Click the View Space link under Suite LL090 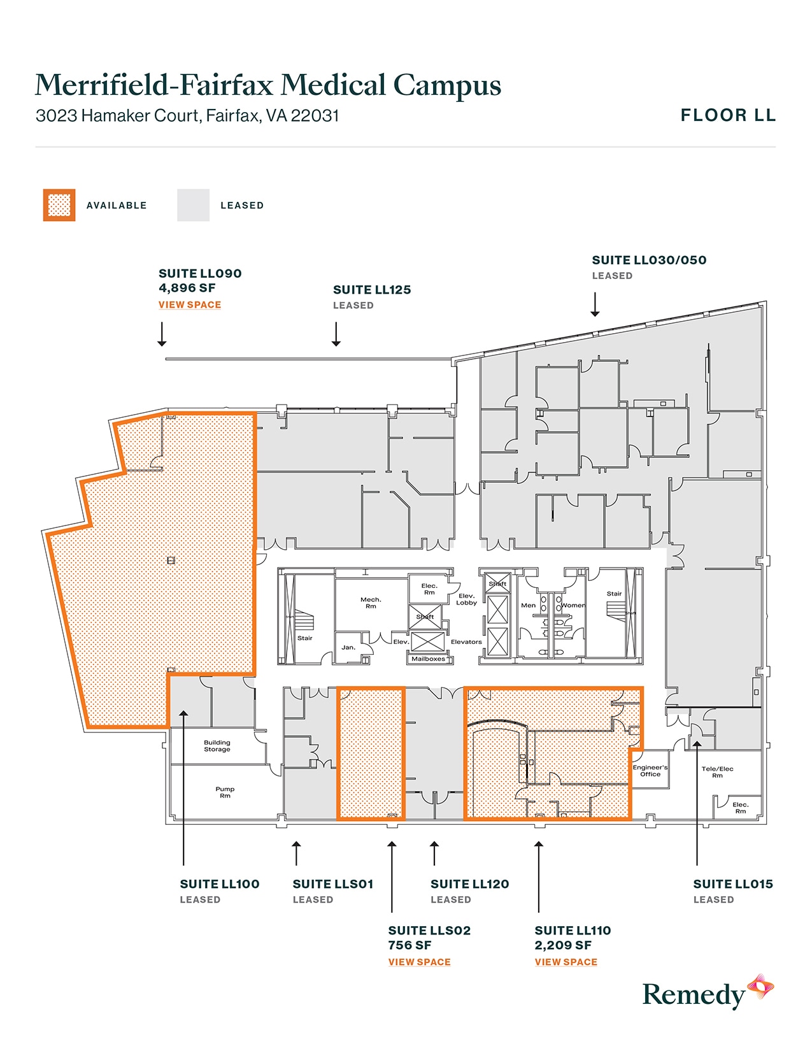click(190, 305)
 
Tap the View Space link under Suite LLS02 click(419, 962)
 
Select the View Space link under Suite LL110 click(566, 962)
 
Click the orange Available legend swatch click(59, 205)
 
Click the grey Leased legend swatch click(193, 205)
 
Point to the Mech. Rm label click(371, 603)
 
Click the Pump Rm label click(225, 792)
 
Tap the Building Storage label click(217, 746)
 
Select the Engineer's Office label click(650, 771)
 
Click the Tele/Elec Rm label click(717, 772)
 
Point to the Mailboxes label click(428, 659)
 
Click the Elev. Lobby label click(466, 599)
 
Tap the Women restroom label click(573, 605)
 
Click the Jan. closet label click(348, 647)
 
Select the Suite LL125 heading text click(372, 290)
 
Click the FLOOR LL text click(727, 115)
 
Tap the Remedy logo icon click(760, 987)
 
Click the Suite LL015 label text click(732, 884)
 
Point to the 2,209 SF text click(563, 945)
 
